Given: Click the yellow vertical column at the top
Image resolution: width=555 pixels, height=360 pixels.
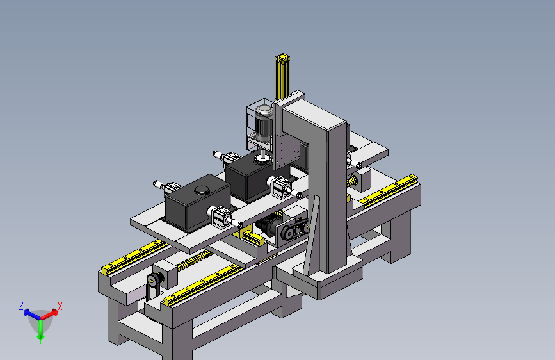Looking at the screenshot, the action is click(x=282, y=76).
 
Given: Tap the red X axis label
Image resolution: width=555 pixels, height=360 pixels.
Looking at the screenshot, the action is click(x=60, y=306).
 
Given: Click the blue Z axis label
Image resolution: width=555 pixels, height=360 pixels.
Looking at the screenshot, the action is click(x=21, y=306).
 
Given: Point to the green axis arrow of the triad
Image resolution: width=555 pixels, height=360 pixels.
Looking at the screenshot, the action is click(x=41, y=329).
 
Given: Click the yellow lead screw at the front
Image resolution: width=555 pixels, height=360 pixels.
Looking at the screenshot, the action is click(x=193, y=260).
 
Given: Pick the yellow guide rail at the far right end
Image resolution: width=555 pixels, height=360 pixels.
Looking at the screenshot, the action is click(x=389, y=191).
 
